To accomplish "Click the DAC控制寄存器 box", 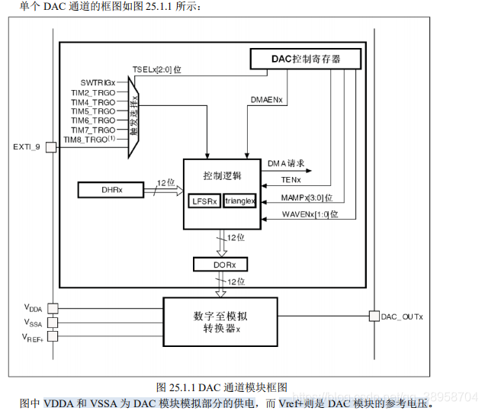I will tap(306, 59).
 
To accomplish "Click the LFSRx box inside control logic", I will tap(204, 201).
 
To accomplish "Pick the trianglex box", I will tap(239, 201).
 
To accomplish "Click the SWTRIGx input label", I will tap(98, 82).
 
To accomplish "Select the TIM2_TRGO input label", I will tap(93, 92).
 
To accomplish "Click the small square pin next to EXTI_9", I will tap(51, 146).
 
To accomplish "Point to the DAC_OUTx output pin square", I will tap(374, 316).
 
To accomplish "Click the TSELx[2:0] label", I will tap(156, 69).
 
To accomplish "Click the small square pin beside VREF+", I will tap(51, 336).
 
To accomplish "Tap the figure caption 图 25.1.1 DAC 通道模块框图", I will tap(221, 387).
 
